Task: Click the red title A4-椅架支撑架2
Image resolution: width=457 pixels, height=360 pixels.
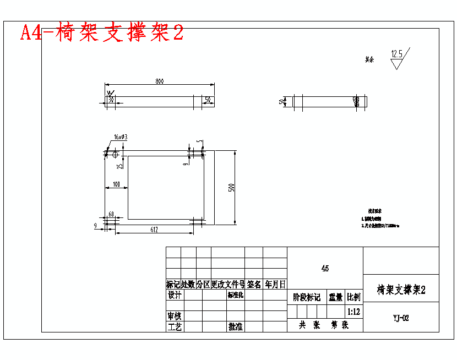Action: click(102, 33)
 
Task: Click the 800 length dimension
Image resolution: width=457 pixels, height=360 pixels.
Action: click(159, 81)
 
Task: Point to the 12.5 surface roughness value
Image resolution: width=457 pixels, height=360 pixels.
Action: click(397, 54)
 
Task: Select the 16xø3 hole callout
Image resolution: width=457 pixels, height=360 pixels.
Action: click(121, 137)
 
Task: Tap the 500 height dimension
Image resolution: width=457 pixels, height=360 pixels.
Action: click(232, 187)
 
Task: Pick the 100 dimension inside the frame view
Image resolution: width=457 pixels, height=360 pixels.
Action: click(116, 184)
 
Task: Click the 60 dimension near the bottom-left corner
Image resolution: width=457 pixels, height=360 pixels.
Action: click(111, 214)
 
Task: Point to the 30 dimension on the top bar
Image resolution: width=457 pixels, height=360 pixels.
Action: click(111, 100)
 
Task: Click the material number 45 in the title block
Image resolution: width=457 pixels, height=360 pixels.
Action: click(325, 269)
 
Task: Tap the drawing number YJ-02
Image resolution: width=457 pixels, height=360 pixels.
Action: click(401, 318)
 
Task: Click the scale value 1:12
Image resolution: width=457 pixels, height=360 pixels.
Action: click(354, 312)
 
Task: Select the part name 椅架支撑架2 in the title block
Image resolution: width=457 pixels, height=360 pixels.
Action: click(401, 290)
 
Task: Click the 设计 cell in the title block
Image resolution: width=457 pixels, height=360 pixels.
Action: click(174, 295)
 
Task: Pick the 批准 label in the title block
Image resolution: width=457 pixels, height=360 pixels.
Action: click(236, 327)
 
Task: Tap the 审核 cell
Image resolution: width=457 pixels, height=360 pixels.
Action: click(174, 317)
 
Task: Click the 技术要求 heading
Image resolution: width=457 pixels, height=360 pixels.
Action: click(375, 211)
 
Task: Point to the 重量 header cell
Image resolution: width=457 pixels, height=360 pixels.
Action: click(336, 298)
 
